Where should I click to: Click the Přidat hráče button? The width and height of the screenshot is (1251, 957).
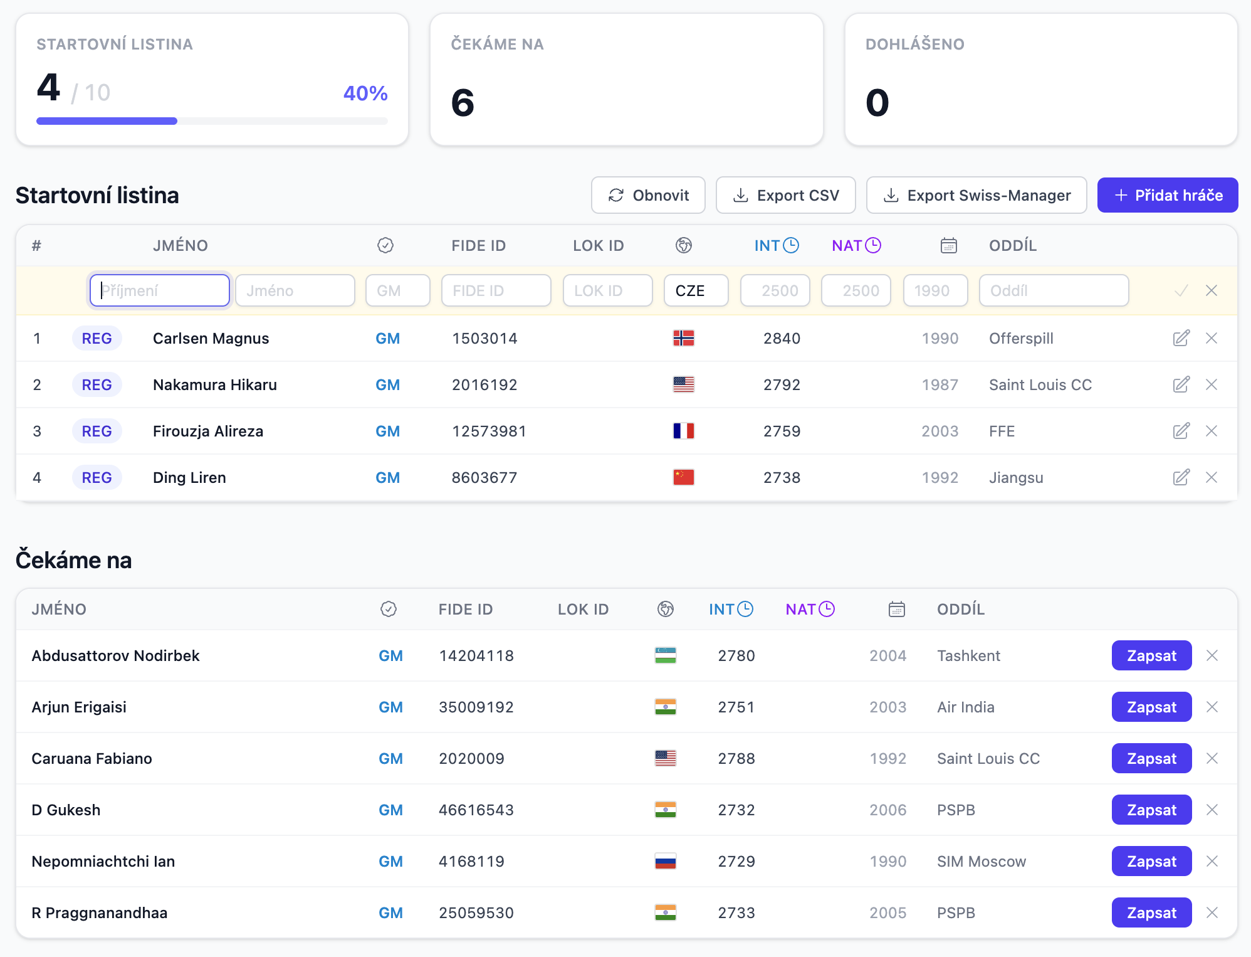pos(1167,195)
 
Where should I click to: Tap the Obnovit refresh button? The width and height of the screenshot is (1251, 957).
pos(648,195)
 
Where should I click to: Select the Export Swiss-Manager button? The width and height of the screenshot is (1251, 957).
pos(976,195)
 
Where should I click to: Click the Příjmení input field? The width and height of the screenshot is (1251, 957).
pos(160,290)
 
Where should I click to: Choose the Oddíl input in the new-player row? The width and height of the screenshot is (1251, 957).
pos(1054,290)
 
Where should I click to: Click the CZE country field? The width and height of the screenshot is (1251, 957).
pos(696,290)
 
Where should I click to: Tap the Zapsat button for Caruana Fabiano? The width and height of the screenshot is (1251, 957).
pos(1151,758)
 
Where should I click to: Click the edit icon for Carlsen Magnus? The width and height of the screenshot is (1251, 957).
pos(1181,338)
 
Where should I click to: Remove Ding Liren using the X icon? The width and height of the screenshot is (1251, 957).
pos(1212,477)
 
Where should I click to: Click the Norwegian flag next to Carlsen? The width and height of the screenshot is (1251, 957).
pos(683,338)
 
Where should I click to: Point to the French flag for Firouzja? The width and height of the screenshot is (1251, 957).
pos(683,431)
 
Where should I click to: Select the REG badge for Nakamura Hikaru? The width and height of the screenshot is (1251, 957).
pos(97,384)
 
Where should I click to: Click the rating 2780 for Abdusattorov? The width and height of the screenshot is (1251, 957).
pos(736,655)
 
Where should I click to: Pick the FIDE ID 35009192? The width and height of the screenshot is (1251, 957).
pos(476,707)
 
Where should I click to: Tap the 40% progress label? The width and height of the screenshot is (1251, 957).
pos(365,93)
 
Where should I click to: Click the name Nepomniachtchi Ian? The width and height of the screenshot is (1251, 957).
pos(103,861)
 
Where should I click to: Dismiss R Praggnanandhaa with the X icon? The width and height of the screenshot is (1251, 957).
pos(1212,912)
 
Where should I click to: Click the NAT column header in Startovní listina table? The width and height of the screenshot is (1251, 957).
pos(856,245)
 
